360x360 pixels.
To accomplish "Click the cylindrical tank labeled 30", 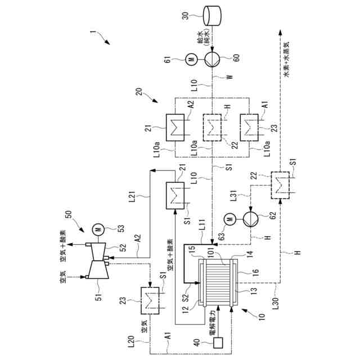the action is pyautogui.click(x=212, y=16).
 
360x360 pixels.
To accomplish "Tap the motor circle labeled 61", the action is pyautogui.click(x=192, y=59).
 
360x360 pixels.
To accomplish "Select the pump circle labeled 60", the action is pyautogui.click(x=212, y=59).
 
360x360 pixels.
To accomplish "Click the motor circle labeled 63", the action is pyautogui.click(x=231, y=219).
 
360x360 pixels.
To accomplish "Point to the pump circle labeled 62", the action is pyautogui.click(x=251, y=219).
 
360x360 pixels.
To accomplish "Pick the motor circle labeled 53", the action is pyautogui.click(x=98, y=229).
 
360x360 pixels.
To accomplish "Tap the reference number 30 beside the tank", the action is pyautogui.click(x=186, y=16).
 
